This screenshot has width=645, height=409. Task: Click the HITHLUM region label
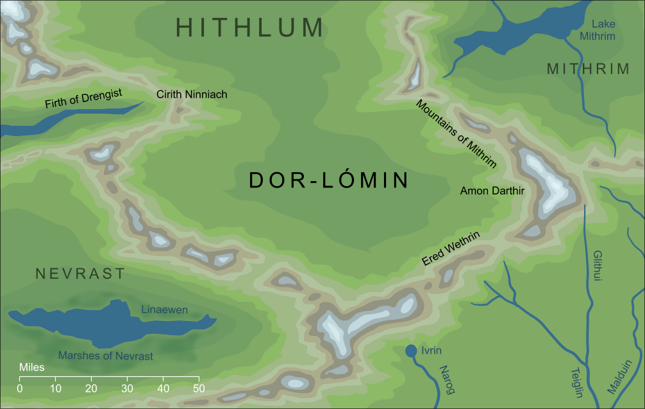[x=250, y=28]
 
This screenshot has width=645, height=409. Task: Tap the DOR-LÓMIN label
[x=329, y=181]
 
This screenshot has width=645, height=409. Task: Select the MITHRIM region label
[x=588, y=69]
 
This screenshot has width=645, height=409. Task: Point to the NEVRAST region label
[x=80, y=274]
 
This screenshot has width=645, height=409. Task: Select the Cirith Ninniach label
[x=192, y=94]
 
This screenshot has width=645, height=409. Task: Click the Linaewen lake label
[x=164, y=310]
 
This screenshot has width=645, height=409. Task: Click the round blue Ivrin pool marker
[x=411, y=351]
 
